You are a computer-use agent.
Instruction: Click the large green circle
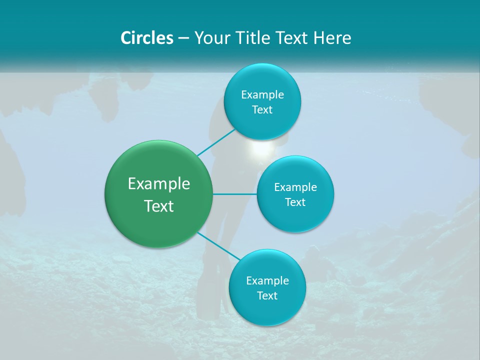[x=159, y=194]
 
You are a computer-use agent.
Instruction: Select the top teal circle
[x=262, y=102]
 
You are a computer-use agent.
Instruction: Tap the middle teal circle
[x=295, y=194]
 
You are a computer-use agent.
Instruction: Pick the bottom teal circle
[x=267, y=287]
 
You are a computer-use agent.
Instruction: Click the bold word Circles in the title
[x=147, y=38]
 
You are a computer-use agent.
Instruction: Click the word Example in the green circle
[x=159, y=183]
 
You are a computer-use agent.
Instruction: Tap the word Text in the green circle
[x=159, y=206]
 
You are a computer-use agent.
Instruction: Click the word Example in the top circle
[x=262, y=94]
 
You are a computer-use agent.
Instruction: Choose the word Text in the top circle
[x=262, y=109]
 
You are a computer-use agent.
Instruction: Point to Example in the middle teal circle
[x=295, y=187]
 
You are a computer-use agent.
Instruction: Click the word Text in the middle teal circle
[x=295, y=202]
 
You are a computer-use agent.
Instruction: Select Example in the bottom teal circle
[x=267, y=280]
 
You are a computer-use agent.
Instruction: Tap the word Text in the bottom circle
[x=267, y=295]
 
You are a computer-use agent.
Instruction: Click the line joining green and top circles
[x=216, y=142]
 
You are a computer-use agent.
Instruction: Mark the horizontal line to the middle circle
[x=235, y=194]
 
